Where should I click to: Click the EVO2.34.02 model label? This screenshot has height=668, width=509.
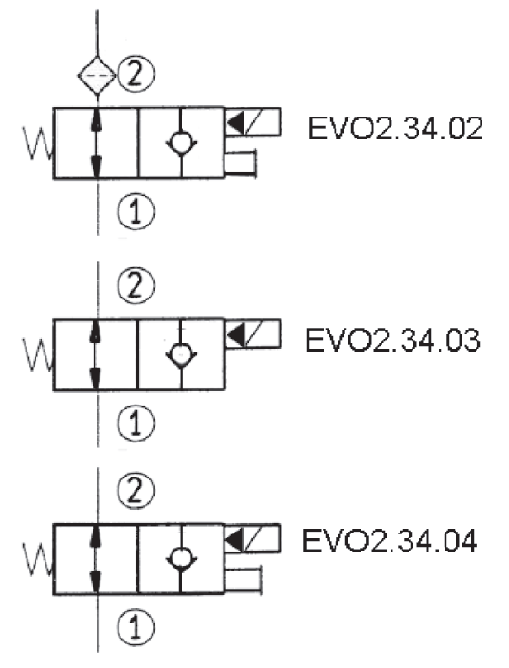pos(395,128)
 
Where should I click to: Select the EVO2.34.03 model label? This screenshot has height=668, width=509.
pos(393,340)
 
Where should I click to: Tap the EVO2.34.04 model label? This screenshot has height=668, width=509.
pos(390,541)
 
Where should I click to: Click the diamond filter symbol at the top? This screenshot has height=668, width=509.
pos(97,76)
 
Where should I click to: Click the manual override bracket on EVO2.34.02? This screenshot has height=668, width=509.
pos(255,163)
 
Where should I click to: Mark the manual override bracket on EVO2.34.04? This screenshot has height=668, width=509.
pos(260,580)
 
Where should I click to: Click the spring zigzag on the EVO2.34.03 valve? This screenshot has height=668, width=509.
pos(38,354)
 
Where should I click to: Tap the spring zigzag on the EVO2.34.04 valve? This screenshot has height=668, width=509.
pos(38,559)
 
